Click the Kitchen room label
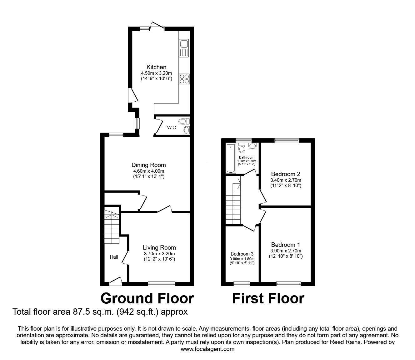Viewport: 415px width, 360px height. coord(156,67)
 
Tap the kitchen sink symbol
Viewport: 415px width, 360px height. coord(183,48)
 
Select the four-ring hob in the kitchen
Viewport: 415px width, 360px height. coord(184,79)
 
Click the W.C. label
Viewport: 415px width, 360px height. coord(172,128)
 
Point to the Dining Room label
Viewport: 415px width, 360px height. coord(148,165)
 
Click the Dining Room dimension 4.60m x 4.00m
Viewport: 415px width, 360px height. coord(148,171)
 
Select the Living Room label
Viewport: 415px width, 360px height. coord(159,247)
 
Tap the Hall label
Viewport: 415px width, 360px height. coord(114,257)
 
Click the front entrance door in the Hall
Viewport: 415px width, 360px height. coord(116,282)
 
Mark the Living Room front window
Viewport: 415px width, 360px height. coord(162,284)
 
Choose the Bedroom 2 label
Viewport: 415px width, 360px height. coord(286,174)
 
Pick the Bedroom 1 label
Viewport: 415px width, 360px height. coord(286,245)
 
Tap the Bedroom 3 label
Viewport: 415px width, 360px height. coord(242,254)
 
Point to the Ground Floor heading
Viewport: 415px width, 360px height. coord(147,298)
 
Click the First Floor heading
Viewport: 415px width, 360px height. coord(268,298)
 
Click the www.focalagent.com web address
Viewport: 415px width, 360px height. coord(207,349)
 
